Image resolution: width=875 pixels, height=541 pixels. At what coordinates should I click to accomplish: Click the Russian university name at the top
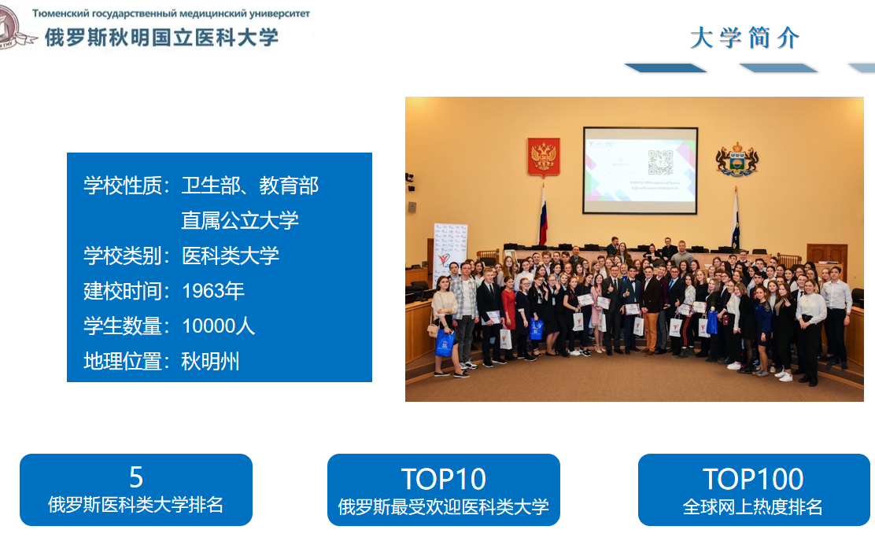(171, 13)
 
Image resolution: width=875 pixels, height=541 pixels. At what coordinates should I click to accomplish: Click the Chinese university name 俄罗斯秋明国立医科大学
(161, 38)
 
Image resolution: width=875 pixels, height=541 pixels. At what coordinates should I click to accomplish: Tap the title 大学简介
(745, 38)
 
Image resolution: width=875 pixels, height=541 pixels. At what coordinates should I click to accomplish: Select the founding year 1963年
(213, 291)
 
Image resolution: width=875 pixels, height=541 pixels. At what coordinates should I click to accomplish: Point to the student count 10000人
(218, 326)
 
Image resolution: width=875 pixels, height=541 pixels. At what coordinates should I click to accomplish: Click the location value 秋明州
(210, 362)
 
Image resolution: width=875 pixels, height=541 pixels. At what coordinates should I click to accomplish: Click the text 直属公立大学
(240, 220)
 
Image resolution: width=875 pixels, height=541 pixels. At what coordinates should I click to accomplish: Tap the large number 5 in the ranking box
(136, 477)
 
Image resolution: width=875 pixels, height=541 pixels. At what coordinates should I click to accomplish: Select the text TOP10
(444, 479)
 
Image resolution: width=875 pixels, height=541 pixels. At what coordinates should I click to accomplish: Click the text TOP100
(753, 479)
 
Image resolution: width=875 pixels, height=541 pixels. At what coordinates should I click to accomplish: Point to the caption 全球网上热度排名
(753, 507)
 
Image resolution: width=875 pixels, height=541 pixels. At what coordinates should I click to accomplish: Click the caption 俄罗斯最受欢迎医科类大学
(444, 507)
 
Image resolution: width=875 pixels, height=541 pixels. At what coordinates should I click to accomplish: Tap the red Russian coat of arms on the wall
(544, 157)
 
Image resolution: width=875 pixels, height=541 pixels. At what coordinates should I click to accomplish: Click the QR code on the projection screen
(660, 162)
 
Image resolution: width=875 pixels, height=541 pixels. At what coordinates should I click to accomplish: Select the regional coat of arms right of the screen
(737, 159)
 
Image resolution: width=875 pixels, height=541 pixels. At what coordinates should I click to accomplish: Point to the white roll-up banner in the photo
(450, 249)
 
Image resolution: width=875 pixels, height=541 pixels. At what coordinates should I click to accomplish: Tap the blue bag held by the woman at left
(445, 343)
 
